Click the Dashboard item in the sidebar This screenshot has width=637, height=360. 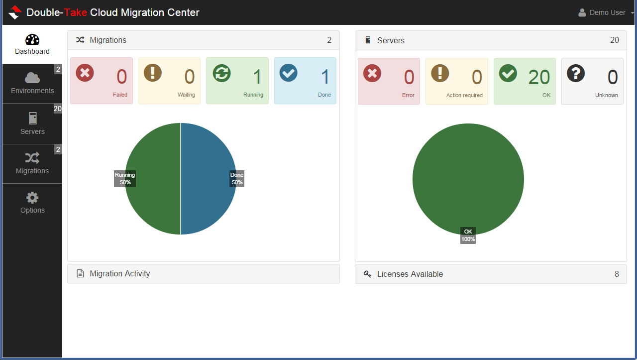click(32, 44)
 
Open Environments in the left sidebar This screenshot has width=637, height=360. click(32, 84)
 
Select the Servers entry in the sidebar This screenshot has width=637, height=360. click(32, 124)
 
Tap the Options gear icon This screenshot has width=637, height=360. click(32, 198)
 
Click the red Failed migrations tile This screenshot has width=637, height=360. click(102, 81)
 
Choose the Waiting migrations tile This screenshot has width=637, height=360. click(169, 81)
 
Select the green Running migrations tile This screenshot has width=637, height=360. click(237, 81)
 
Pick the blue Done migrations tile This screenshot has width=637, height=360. click(305, 81)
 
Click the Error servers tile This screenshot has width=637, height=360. click(389, 81)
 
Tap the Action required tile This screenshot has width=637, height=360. click(456, 81)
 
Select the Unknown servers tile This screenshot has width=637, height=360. click(592, 81)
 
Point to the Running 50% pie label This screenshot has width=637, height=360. click(125, 178)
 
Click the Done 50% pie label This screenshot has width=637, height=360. click(237, 178)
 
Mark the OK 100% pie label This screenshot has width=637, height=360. click(468, 235)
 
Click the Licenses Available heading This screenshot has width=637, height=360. click(410, 274)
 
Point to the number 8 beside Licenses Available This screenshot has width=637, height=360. click(617, 274)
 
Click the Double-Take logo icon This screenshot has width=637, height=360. click(15, 12)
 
